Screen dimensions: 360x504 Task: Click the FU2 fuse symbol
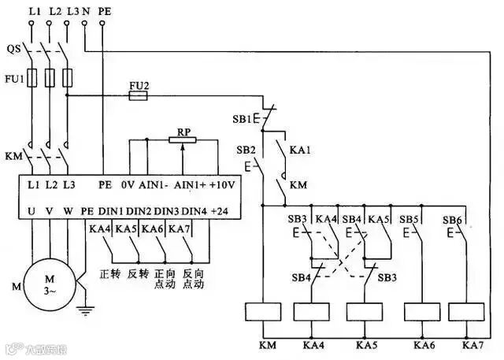click(x=139, y=95)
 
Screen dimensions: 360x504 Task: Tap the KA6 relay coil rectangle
click(x=421, y=312)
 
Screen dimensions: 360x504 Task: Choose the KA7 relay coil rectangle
click(x=472, y=312)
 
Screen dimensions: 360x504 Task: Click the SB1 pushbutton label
click(x=243, y=120)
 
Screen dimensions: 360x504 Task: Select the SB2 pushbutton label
click(x=246, y=149)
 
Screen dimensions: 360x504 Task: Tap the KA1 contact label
click(x=301, y=149)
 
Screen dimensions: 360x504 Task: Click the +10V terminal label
click(x=224, y=186)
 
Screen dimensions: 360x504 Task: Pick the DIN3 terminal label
click(x=166, y=210)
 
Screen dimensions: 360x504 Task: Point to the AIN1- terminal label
click(x=153, y=186)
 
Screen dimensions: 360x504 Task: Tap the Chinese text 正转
click(x=109, y=275)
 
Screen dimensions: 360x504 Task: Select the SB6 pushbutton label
click(x=452, y=219)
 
